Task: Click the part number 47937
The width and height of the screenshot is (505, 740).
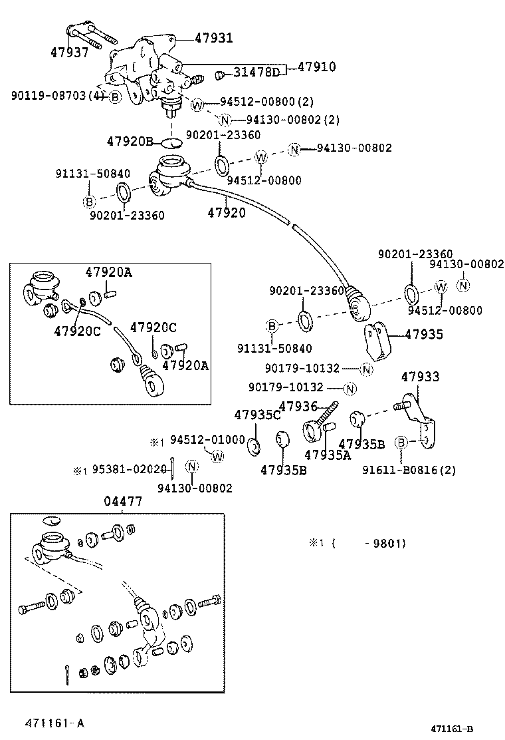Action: [69, 52]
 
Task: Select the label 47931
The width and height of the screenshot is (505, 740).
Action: [214, 38]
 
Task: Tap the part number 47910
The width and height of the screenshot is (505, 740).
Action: [316, 67]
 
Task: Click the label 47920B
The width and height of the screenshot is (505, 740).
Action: [130, 141]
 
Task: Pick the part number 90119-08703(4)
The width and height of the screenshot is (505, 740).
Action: [57, 96]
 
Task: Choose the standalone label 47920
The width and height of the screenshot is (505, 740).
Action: [227, 213]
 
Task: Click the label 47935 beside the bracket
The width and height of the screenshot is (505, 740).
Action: [424, 334]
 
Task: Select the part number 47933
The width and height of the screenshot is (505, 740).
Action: [420, 377]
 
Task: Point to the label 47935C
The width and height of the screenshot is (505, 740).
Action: [258, 415]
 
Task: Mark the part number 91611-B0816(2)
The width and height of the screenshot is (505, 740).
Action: [409, 470]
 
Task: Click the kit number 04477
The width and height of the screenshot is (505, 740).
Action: [123, 502]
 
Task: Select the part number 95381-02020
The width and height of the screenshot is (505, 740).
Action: [129, 470]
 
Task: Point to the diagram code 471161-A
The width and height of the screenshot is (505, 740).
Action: [55, 723]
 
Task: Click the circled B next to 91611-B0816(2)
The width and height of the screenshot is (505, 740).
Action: [401, 443]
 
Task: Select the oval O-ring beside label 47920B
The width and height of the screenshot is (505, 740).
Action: [171, 142]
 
